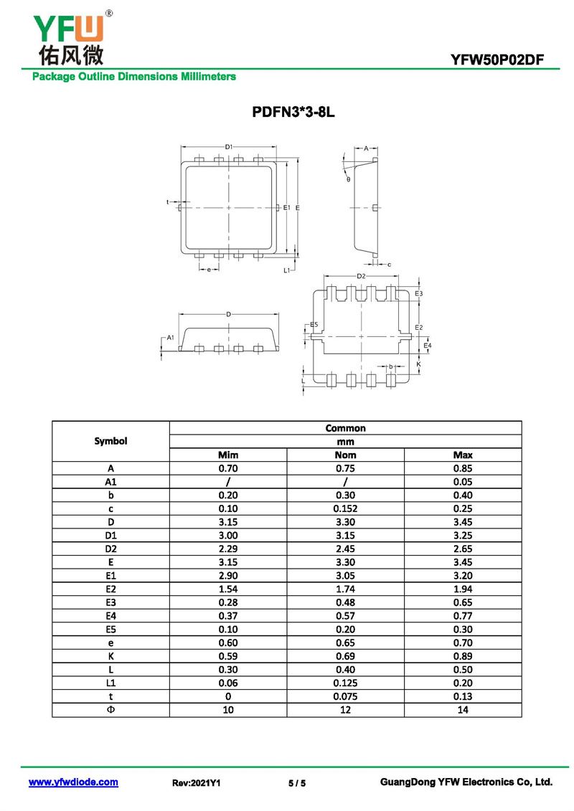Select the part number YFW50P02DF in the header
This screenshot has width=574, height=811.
(x=497, y=60)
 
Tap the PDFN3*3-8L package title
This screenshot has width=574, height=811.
(x=293, y=112)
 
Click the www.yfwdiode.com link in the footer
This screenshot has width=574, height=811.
(x=73, y=782)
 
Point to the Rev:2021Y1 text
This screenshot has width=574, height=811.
(x=196, y=783)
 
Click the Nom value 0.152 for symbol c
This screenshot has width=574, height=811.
(x=345, y=509)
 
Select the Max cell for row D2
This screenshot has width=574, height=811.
(x=463, y=549)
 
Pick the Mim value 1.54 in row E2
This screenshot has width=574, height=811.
(x=227, y=589)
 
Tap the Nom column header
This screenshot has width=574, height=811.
(x=345, y=455)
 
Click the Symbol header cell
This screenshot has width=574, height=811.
(x=110, y=441)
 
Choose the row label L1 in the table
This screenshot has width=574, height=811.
(x=110, y=683)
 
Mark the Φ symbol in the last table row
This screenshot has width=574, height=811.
(x=110, y=710)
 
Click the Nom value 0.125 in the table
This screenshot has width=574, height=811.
(x=345, y=683)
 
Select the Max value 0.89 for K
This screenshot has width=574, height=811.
(x=463, y=656)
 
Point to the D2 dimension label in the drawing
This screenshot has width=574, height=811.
(x=362, y=276)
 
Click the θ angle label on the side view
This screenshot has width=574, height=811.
(x=348, y=179)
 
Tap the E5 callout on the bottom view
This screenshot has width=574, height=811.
(x=314, y=325)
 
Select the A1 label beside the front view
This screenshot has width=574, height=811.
(x=171, y=338)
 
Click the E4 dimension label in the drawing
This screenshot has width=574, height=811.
(x=428, y=346)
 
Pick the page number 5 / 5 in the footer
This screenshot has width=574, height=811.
(x=297, y=783)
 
